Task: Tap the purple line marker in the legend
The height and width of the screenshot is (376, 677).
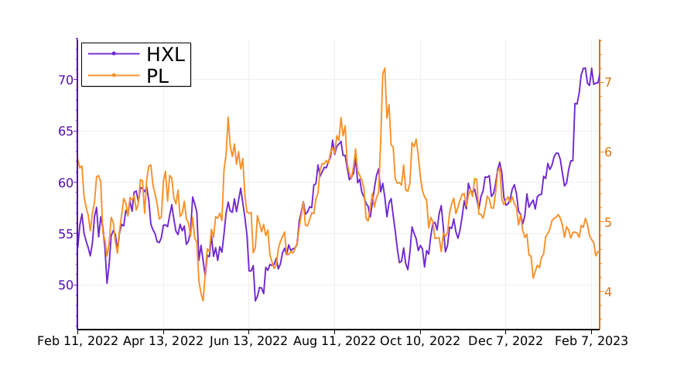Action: tap(114, 53)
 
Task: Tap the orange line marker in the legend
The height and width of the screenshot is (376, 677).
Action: tap(114, 75)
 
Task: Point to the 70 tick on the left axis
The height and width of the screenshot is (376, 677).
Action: tap(65, 80)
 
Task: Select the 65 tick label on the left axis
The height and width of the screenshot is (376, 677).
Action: tap(65, 131)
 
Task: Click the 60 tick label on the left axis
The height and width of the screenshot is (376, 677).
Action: tap(65, 183)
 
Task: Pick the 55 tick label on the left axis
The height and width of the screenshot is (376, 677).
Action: tap(65, 234)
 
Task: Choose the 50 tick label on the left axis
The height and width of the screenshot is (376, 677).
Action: tap(65, 285)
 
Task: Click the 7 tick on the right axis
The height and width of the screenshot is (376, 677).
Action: tap(608, 81)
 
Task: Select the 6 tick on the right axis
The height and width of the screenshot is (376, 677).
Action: tap(608, 152)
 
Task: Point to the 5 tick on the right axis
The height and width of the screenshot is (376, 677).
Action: tap(608, 222)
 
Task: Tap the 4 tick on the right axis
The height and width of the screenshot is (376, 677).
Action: tap(608, 292)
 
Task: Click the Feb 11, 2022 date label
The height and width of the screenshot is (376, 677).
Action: tap(78, 340)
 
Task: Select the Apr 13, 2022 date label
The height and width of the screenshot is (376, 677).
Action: tap(163, 340)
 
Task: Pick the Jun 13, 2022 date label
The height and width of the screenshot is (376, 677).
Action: tap(249, 340)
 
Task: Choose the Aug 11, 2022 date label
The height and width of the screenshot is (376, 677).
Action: tap(335, 340)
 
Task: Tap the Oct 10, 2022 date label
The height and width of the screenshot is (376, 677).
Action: tap(420, 340)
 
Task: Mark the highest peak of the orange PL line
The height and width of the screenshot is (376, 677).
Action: tap(385, 68)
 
